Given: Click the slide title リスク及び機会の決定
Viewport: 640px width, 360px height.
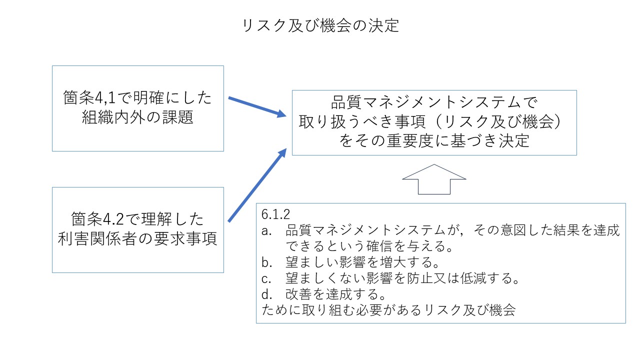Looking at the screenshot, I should click(320, 25).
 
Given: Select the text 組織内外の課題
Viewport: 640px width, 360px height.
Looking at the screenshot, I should click(137, 118).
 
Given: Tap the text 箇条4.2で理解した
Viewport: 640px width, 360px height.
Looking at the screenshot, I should click(137, 219).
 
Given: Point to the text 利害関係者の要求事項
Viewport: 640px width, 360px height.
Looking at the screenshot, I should click(137, 239).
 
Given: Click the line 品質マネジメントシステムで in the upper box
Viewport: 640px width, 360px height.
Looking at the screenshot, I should click(433, 103).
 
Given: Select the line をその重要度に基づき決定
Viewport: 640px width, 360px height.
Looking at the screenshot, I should click(433, 141).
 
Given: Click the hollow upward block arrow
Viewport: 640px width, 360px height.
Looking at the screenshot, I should click(434, 179).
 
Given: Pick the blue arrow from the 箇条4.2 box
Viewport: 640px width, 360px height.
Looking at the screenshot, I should click(257, 184).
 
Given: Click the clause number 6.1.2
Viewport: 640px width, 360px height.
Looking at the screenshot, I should click(275, 214).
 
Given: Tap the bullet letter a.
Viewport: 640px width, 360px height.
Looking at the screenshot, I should click(266, 230).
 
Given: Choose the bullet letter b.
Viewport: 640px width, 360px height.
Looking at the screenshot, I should click(266, 262).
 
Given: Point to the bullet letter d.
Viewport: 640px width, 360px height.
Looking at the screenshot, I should click(266, 294).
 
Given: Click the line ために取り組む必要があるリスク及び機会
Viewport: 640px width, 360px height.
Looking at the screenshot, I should click(388, 310).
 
